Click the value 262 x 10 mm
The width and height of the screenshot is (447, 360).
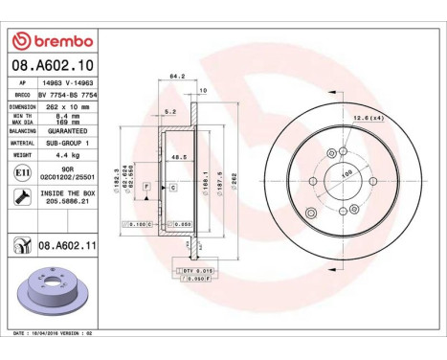pyautogui.click(x=65, y=107)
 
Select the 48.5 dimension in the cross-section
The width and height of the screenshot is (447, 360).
pyautogui.click(x=177, y=157)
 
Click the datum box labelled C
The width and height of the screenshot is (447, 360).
pyautogui.click(x=172, y=187)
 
